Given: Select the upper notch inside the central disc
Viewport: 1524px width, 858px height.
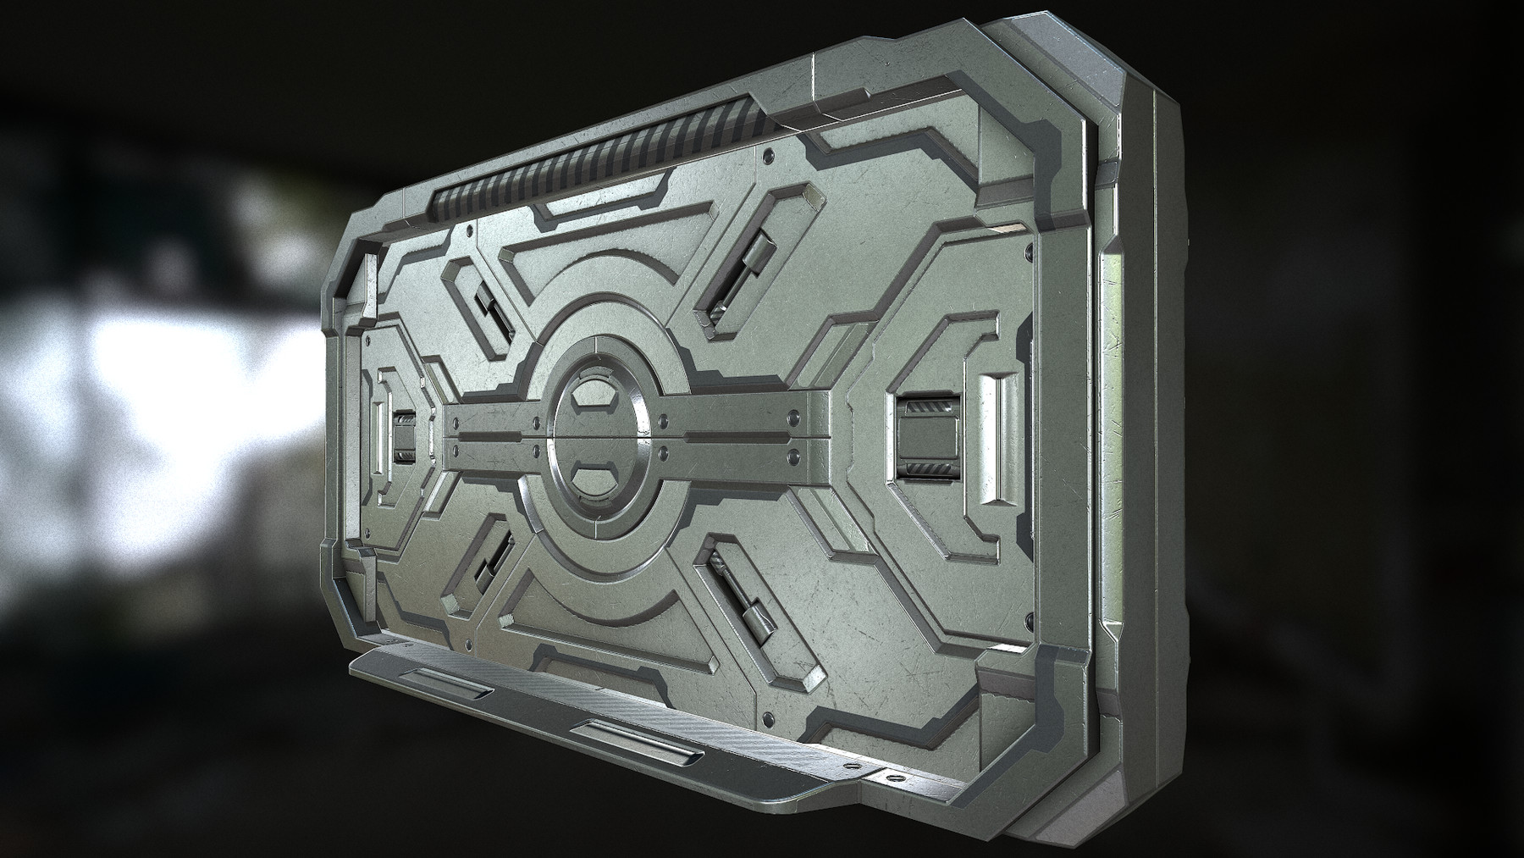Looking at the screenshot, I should [x=592, y=395].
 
